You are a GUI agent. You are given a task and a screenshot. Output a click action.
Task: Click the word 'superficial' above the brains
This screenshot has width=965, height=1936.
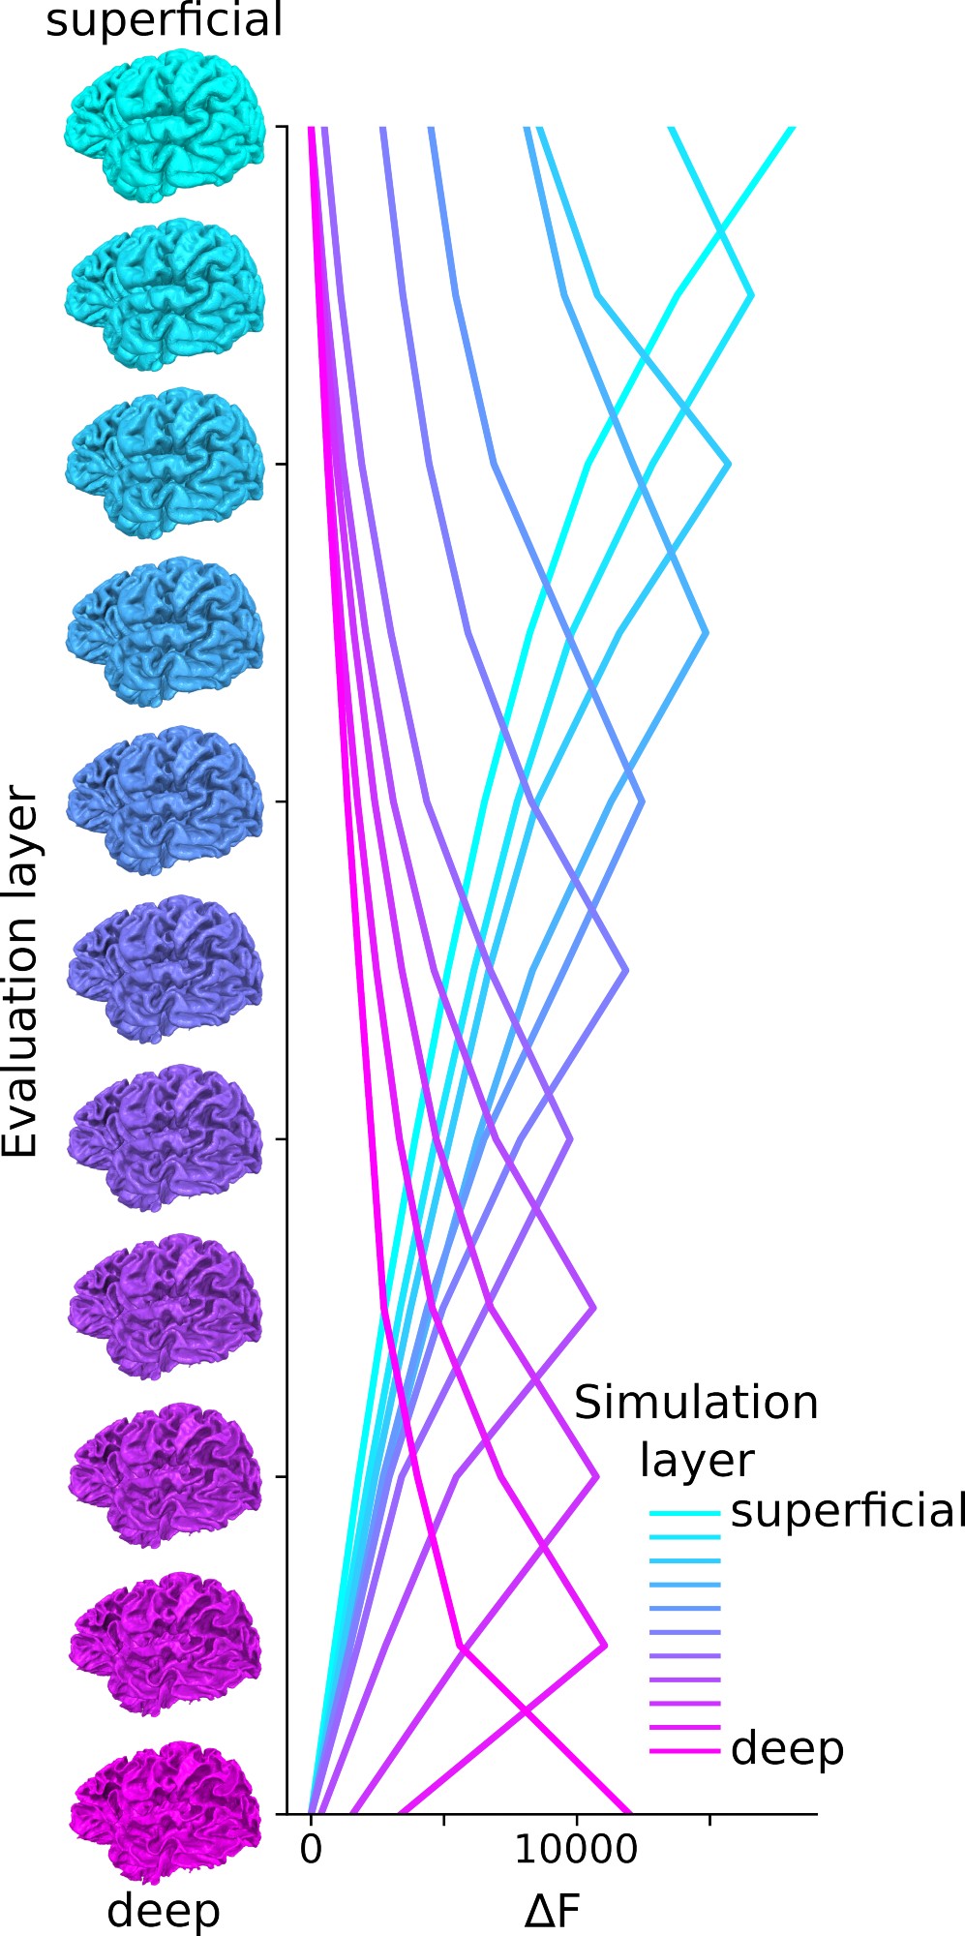(x=164, y=20)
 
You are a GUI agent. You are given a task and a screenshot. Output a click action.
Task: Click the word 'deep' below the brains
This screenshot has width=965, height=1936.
(x=164, y=1910)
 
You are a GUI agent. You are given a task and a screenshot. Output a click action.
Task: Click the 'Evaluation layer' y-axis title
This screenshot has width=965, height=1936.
(x=20, y=973)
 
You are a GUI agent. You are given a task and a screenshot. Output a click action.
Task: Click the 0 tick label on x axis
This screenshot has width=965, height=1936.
(x=311, y=1849)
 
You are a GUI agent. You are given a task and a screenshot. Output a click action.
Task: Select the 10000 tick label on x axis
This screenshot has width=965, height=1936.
(x=576, y=1849)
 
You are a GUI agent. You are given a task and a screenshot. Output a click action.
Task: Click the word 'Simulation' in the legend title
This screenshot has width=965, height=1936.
(x=696, y=1403)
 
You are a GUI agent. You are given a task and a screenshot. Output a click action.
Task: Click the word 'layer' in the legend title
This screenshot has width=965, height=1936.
(x=696, y=1459)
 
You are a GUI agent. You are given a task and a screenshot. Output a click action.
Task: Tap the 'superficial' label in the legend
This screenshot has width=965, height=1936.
(x=847, y=1511)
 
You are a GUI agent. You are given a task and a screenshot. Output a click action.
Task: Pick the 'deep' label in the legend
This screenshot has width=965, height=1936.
(x=788, y=1748)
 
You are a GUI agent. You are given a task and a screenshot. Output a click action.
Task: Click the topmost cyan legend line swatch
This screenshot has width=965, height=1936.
(x=684, y=1513)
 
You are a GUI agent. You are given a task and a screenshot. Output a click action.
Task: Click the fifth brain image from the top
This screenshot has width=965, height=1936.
(x=166, y=803)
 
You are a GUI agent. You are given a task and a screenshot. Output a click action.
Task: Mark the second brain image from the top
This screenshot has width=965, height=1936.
(x=166, y=294)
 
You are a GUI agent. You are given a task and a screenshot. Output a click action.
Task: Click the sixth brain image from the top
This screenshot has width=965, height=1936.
(x=166, y=970)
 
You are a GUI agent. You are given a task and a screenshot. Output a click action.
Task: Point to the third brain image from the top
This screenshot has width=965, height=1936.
(x=166, y=463)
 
